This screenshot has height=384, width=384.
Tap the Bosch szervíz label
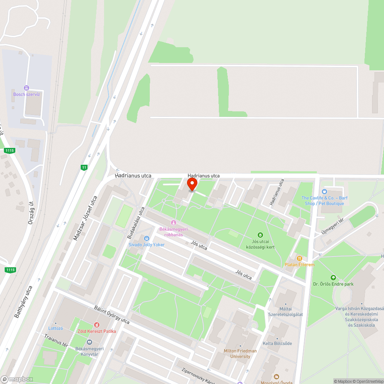[x=26, y=94]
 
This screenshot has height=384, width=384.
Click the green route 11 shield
[x=84, y=167]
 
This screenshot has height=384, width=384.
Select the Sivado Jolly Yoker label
[x=146, y=244]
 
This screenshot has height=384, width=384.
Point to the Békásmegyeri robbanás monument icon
[x=173, y=223]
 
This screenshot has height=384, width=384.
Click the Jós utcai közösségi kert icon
[x=260, y=235]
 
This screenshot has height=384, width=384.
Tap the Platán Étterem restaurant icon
[x=300, y=258]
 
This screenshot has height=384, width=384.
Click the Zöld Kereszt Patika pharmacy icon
[x=96, y=325]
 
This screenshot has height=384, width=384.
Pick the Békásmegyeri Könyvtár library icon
[x=89, y=342]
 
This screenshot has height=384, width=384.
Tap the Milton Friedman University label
[x=240, y=354]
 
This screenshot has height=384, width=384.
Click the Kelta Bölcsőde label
[x=277, y=343]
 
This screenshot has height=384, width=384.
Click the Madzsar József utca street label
[x=85, y=218]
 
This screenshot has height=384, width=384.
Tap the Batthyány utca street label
[x=23, y=302]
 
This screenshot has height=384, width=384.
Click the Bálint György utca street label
[x=112, y=315]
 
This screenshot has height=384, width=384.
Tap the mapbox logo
[x=17, y=379]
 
